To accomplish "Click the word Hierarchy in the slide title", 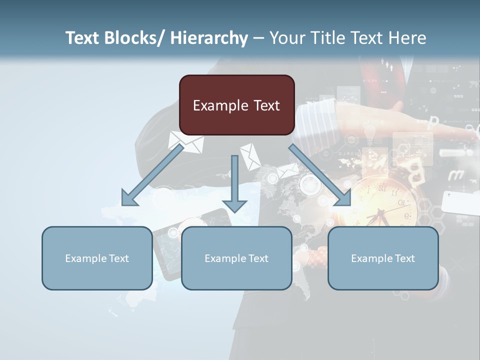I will (x=209, y=38).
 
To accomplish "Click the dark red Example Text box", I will (x=236, y=105).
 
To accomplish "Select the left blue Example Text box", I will (x=97, y=258).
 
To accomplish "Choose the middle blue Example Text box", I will (x=236, y=258).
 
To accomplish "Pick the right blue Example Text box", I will (x=383, y=258).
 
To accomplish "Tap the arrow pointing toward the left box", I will (x=150, y=177).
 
